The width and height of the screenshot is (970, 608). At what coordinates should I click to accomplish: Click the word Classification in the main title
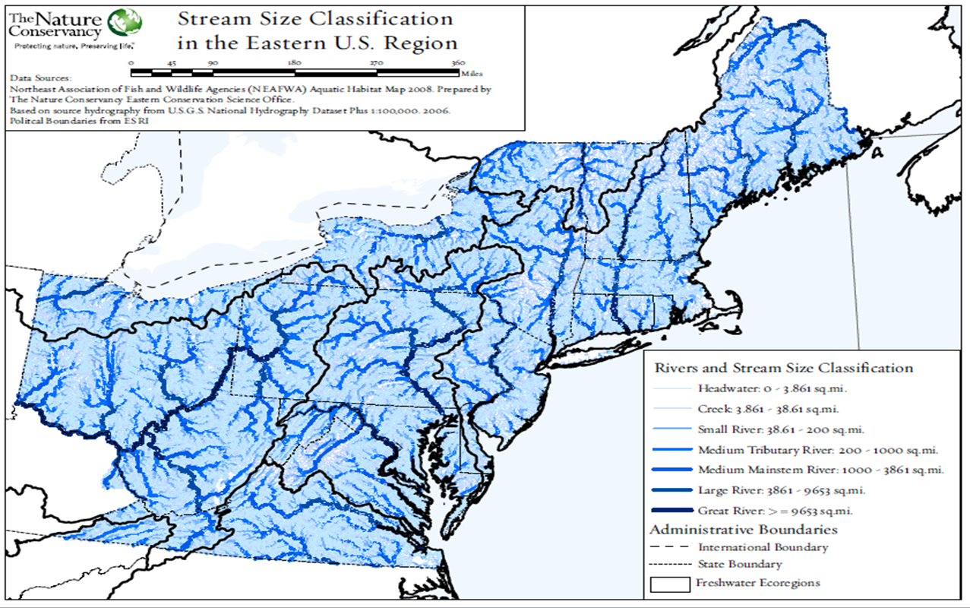[x=390, y=19]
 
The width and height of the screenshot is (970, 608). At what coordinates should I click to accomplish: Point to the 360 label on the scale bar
[x=458, y=63]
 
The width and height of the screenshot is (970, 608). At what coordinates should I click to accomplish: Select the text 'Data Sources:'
[x=41, y=78]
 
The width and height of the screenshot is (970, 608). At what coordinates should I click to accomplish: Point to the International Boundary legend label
[x=763, y=547]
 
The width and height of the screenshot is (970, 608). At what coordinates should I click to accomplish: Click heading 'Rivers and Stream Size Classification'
[x=783, y=368]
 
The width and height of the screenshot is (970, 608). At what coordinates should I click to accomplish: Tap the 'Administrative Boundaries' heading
[x=743, y=529]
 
